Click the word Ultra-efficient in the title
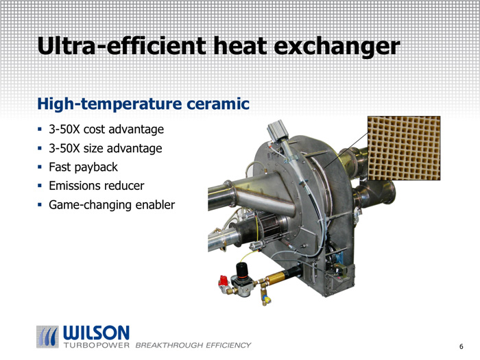pyautogui.click(x=121, y=45)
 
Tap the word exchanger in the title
pyautogui.click(x=337, y=46)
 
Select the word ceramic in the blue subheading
pyautogui.click(x=217, y=104)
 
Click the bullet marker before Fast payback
pyautogui.click(x=40, y=167)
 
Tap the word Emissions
pyautogui.click(x=75, y=186)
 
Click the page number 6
pyautogui.click(x=461, y=346)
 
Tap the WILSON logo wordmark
pyautogui.click(x=96, y=333)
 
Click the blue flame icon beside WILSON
pyautogui.click(x=47, y=337)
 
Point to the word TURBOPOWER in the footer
pyautogui.click(x=97, y=346)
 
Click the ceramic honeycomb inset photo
pyautogui.click(x=404, y=148)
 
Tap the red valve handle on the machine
pyautogui.click(x=224, y=280)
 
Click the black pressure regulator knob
pyautogui.click(x=242, y=269)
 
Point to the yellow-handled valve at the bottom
pyautogui.click(x=266, y=299)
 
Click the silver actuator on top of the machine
pyautogui.click(x=277, y=130)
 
